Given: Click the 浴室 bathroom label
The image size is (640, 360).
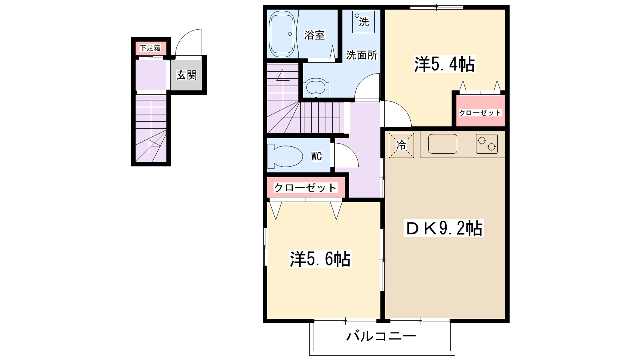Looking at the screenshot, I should click(314, 35).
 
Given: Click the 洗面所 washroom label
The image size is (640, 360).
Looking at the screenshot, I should click(362, 55).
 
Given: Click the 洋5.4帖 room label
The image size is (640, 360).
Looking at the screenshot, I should click(444, 64).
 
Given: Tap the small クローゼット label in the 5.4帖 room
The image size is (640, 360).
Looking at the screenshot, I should click(480, 113).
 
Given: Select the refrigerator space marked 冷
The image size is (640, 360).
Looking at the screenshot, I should click(401, 145).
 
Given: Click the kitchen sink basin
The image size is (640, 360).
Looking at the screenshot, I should click(442, 144).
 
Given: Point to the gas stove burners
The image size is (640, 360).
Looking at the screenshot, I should click(486, 144).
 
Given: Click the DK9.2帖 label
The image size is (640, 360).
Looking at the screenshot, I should click(444, 228).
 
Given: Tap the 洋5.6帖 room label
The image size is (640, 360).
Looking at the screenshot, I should click(320, 259).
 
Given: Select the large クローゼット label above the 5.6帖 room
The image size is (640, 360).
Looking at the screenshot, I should click(306, 187).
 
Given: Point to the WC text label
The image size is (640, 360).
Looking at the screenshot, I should click(316, 156).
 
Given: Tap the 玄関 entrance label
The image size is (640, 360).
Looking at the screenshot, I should click(187, 75).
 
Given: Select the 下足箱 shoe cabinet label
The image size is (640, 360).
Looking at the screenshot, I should click(150, 48).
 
